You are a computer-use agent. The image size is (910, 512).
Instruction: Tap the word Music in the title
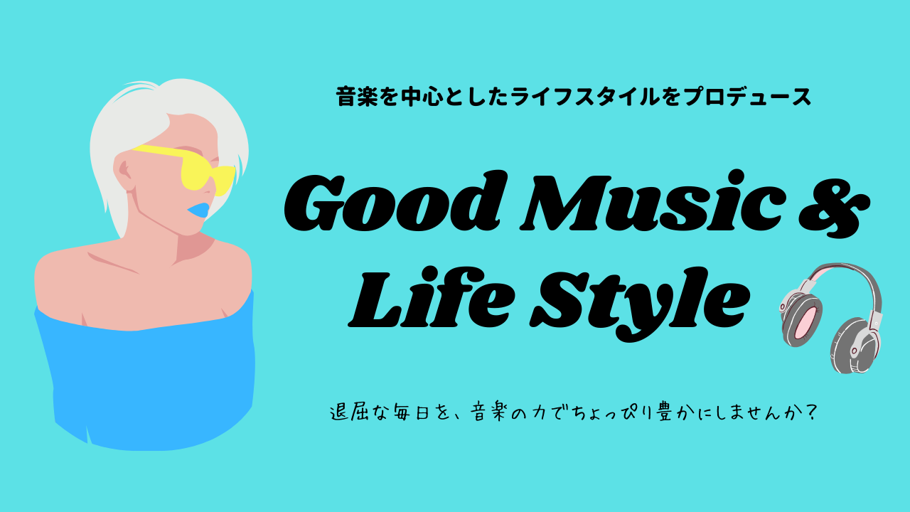coord(653,201)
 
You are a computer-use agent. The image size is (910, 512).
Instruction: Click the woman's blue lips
coord(198,210)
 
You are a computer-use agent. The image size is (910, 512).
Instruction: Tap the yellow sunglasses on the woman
coord(191,169)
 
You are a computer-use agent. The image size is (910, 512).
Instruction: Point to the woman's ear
coord(124,173)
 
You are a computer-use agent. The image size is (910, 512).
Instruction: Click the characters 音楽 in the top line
coord(357,97)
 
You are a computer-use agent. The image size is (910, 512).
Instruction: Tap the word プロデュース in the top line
coord(747,97)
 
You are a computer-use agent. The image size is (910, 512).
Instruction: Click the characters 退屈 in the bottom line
coord(350,412)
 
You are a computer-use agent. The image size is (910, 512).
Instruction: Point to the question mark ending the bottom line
coord(811,412)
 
